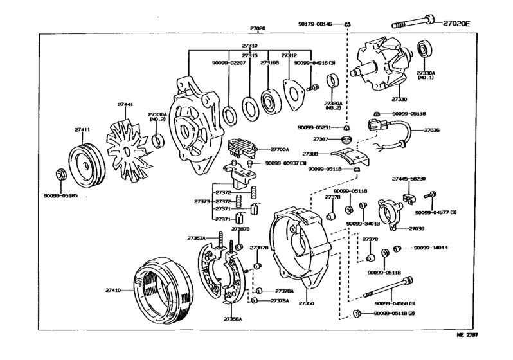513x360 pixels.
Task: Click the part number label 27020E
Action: [x=456, y=24]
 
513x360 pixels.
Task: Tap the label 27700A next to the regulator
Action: [x=280, y=148]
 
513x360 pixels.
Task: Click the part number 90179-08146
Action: [x=315, y=24]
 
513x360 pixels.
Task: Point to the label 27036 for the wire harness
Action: [x=432, y=130]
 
